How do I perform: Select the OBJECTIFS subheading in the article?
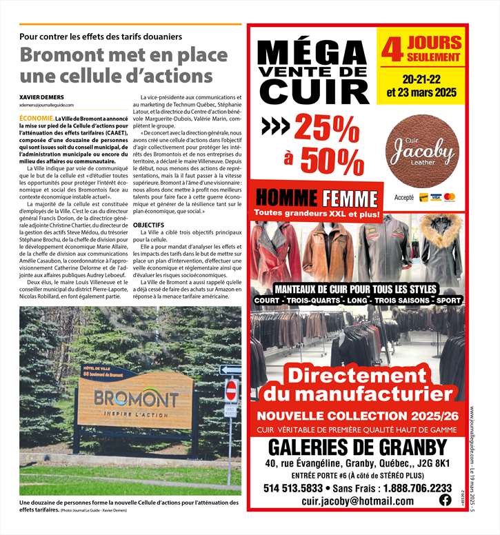[148, 225]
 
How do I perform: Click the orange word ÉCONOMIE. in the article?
[37, 119]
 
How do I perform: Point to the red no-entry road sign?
[231, 390]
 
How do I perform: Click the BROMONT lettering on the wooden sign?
[136, 398]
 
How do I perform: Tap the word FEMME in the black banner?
[350, 199]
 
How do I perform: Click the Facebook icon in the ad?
[446, 501]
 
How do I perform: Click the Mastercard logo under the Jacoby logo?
[450, 197]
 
